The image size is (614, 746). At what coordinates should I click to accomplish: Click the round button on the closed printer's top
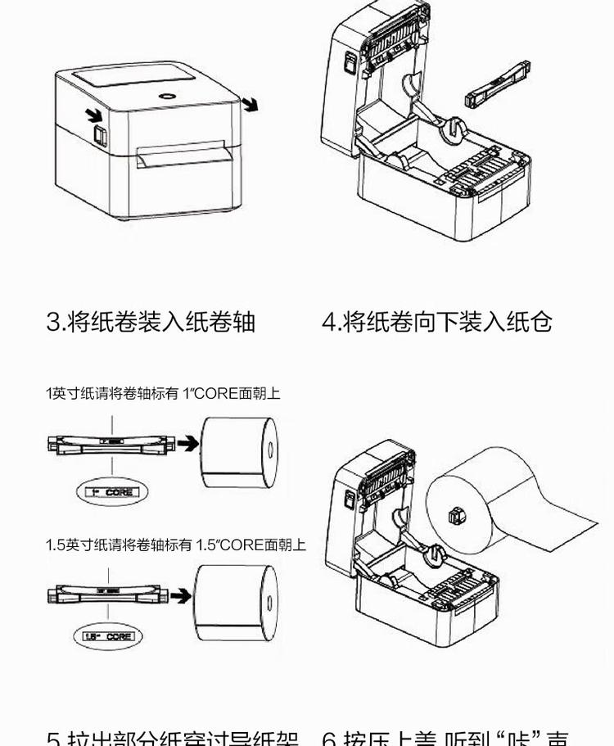click(x=169, y=95)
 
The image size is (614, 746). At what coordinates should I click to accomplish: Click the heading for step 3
click(x=151, y=321)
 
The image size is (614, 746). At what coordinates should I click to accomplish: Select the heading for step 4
click(x=437, y=321)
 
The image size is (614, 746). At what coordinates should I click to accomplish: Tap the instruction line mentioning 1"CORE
click(x=162, y=393)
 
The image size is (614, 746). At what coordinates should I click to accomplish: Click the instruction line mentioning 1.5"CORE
click(x=175, y=545)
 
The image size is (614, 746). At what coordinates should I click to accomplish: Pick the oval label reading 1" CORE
click(x=111, y=492)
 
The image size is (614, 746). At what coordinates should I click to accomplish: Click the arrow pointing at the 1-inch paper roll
click(x=187, y=444)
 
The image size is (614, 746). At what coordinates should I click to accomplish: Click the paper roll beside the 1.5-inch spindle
click(x=236, y=601)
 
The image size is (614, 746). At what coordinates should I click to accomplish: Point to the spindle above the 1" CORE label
click(x=111, y=444)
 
